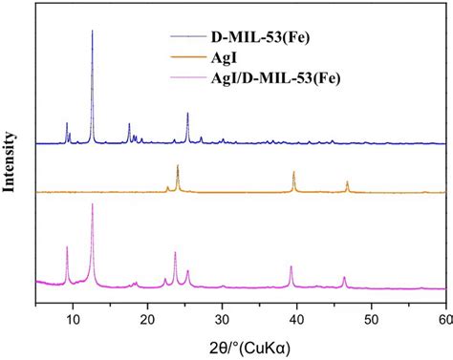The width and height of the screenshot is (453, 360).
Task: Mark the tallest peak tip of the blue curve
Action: [x=92, y=31]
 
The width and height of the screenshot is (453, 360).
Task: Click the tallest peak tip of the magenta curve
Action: [x=92, y=204]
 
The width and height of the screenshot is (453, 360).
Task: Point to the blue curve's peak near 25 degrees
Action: [x=187, y=115]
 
